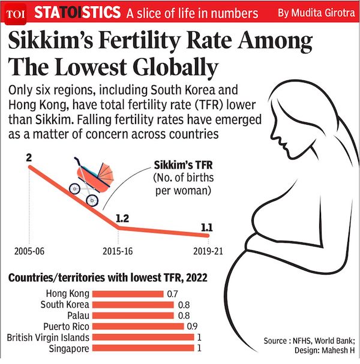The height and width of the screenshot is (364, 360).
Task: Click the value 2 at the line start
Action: click(x=28, y=158)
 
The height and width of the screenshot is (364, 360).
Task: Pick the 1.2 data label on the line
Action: click(x=122, y=218)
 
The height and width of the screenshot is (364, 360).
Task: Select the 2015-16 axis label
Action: click(x=118, y=251)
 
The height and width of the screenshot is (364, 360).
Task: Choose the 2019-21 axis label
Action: click(x=208, y=251)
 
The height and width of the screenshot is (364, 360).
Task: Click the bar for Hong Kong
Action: click(x=128, y=294)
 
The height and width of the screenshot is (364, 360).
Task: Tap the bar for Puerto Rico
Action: click(x=139, y=326)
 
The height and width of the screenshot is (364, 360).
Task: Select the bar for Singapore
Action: click(x=143, y=348)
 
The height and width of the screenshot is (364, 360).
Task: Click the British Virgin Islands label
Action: click(x=47, y=338)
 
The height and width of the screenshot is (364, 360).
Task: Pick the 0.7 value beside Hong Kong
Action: click(x=173, y=294)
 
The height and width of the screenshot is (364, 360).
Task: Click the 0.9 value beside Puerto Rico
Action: click(x=193, y=327)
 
